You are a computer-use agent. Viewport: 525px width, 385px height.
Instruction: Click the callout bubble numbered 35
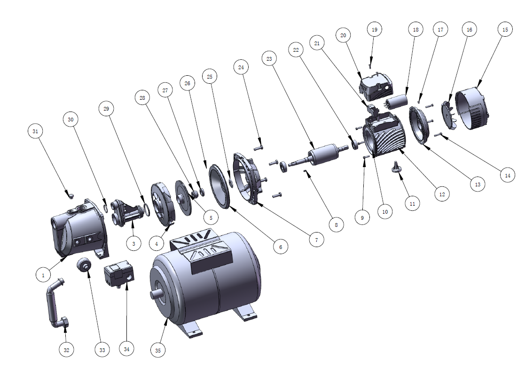click(x=158, y=350)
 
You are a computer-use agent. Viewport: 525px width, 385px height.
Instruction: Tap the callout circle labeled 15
click(x=505, y=30)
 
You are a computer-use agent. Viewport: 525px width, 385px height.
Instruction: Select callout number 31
click(x=35, y=131)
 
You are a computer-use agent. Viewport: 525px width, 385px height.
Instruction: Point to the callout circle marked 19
click(x=374, y=30)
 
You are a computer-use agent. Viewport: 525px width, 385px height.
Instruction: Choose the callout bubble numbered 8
click(x=336, y=225)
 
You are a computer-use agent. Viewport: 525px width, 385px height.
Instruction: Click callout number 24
click(x=241, y=67)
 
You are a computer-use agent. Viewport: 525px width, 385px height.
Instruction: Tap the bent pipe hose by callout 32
click(x=57, y=304)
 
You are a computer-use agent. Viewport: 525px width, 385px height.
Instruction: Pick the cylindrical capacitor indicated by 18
click(x=396, y=102)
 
